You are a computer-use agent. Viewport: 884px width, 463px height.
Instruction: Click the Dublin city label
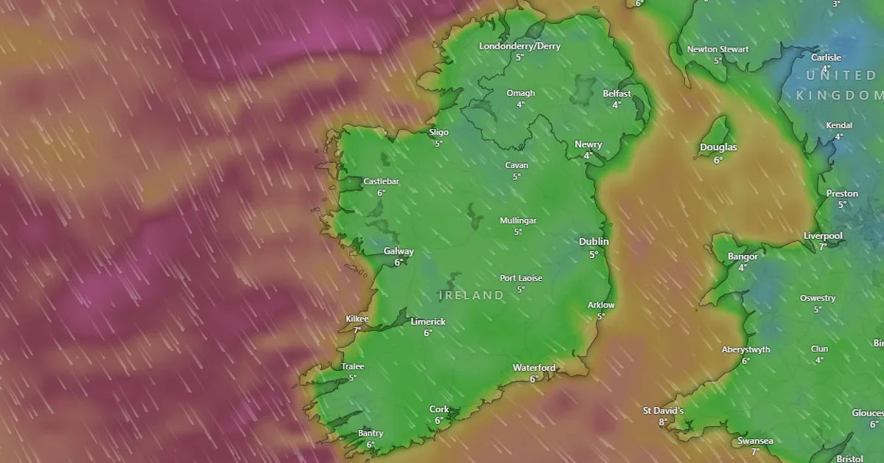click(x=594, y=242)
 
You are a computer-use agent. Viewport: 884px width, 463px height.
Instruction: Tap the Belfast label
click(x=617, y=94)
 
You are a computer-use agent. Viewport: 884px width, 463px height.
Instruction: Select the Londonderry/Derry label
click(x=519, y=46)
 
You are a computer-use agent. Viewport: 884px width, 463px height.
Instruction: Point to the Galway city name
click(x=399, y=251)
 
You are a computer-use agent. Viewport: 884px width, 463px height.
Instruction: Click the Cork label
click(x=439, y=409)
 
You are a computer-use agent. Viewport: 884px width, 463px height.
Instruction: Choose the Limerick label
click(x=428, y=321)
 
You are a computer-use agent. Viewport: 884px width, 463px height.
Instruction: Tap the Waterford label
click(x=534, y=368)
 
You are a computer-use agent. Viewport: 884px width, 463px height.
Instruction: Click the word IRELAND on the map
click(x=471, y=296)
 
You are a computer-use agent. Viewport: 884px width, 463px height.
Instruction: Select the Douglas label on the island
click(x=718, y=147)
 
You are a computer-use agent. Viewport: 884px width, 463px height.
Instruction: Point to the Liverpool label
click(x=823, y=236)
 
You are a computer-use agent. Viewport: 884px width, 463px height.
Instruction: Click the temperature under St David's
click(x=663, y=422)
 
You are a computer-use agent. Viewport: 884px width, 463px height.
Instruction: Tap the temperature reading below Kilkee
click(x=357, y=330)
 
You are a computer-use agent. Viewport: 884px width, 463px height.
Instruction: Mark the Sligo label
click(x=438, y=133)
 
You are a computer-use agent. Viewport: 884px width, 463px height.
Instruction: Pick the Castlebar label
click(x=381, y=181)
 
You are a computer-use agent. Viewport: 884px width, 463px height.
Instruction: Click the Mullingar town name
click(x=518, y=220)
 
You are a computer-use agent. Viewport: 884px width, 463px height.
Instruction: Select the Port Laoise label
click(x=521, y=278)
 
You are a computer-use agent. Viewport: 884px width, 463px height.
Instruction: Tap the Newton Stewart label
click(x=718, y=49)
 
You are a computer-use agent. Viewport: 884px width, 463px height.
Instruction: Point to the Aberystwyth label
click(x=746, y=349)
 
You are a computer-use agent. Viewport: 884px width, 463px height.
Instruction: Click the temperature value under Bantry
click(x=371, y=445)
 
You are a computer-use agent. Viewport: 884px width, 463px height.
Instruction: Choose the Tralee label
click(x=353, y=366)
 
